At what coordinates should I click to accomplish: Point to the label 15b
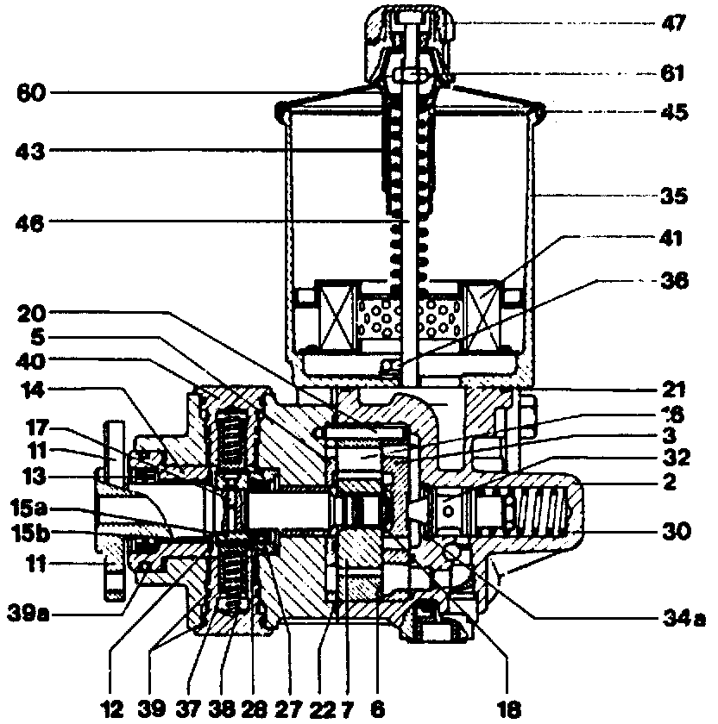click(32, 534)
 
